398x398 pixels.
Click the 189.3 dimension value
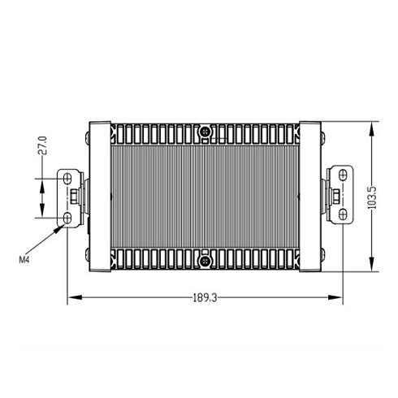click(x=205, y=298)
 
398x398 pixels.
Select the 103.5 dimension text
click(x=373, y=197)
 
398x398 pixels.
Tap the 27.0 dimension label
click(x=42, y=145)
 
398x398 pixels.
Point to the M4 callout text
click(x=24, y=260)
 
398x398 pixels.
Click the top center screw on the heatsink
click(x=205, y=132)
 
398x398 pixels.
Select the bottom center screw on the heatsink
click(x=205, y=261)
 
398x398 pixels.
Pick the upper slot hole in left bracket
click(x=67, y=179)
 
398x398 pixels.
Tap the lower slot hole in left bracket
click(x=67, y=218)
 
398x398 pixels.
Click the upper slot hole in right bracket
click(x=343, y=175)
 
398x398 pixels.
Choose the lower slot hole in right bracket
click(x=343, y=214)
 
